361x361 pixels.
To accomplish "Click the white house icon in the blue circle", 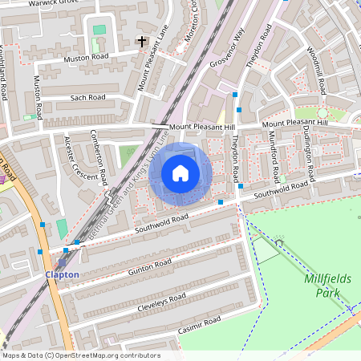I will pos(180,172).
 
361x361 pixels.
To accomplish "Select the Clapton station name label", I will pos(62,274).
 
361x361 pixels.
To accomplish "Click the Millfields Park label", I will pos(329,285).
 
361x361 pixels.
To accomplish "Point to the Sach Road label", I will pos(87,98).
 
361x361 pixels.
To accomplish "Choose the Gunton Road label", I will pos(150,266).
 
